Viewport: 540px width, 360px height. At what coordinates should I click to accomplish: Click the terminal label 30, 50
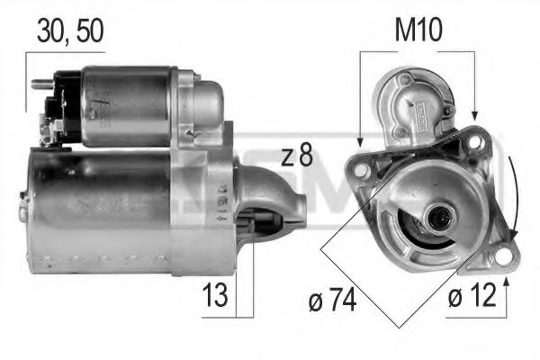(x=69, y=30)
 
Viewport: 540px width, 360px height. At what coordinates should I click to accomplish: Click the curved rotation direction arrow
(x=516, y=193)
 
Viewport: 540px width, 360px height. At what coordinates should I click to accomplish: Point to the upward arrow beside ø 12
(x=508, y=286)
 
